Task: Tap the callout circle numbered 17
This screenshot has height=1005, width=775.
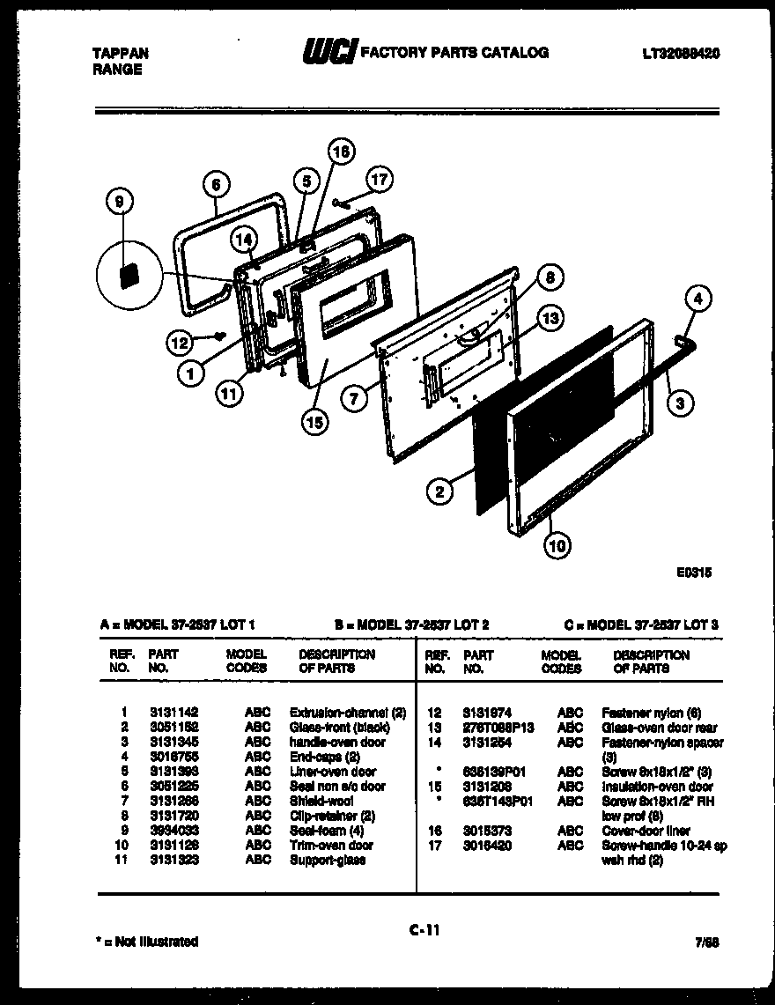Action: coord(378,181)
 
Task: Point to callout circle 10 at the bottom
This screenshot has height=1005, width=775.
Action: coord(556,546)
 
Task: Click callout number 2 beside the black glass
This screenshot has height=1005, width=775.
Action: coord(439,491)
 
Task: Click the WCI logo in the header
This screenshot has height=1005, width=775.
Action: coord(329,53)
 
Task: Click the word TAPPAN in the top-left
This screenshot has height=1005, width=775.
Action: coord(121,53)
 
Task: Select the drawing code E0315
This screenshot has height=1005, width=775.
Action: coord(694,572)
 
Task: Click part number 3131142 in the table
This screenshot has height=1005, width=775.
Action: coord(173,712)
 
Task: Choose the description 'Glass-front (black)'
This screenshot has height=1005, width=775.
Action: coord(339,727)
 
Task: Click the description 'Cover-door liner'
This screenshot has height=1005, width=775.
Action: coord(646,831)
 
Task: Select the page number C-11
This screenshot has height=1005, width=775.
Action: coord(424,927)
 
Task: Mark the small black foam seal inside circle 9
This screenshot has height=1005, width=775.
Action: coord(129,275)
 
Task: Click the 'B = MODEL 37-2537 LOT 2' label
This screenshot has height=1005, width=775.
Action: coord(411,624)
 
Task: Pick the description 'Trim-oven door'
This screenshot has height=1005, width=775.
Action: coord(331,845)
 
